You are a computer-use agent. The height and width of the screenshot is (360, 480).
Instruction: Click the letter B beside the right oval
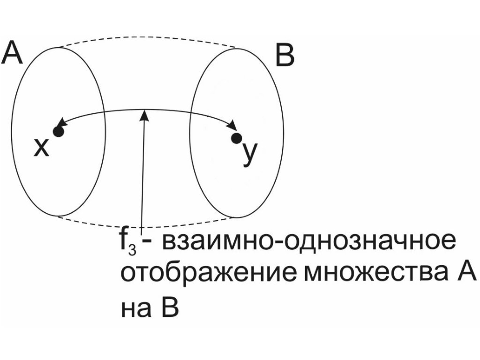click(x=285, y=57)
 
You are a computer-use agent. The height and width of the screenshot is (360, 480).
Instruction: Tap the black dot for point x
click(x=58, y=132)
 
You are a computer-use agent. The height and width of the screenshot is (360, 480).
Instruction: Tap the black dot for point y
click(x=237, y=138)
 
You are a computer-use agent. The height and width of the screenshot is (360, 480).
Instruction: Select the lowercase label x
click(x=41, y=148)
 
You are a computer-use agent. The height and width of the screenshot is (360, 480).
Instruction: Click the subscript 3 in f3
click(x=133, y=250)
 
